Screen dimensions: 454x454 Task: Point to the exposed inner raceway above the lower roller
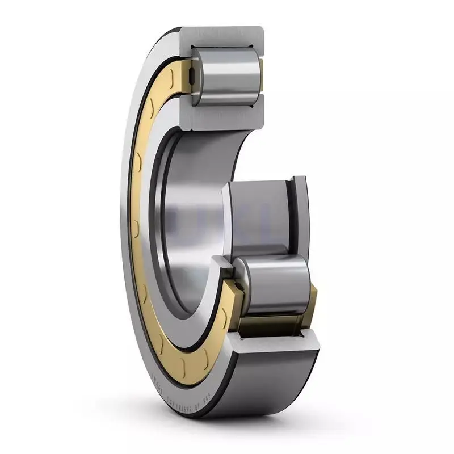click(258, 216)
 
